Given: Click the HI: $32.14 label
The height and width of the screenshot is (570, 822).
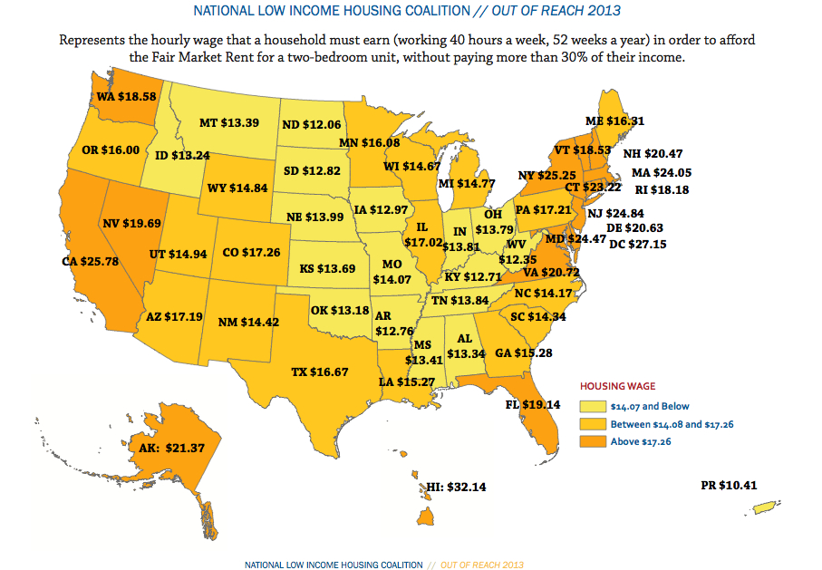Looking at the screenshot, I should click(x=457, y=487).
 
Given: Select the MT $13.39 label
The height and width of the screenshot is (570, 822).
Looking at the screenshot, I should click(x=228, y=122).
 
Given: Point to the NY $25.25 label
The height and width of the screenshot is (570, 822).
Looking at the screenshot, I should click(x=541, y=174).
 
